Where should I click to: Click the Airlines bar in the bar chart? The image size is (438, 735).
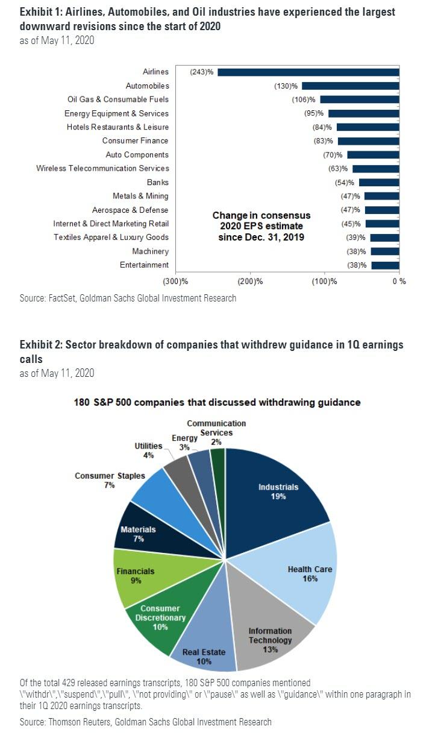307,72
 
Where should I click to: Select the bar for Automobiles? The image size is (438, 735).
349,86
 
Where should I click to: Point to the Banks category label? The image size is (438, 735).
161,182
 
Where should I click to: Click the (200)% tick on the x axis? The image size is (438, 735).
251,281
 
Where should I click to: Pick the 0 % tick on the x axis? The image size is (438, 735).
398,281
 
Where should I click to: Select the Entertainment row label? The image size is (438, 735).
145,265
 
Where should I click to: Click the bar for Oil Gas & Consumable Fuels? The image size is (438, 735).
359,99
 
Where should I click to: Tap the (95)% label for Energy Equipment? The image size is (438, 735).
314,113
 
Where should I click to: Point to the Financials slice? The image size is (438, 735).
136,576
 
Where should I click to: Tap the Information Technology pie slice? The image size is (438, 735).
271,633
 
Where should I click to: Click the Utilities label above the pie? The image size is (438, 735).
148,446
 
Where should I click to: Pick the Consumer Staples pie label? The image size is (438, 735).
110,476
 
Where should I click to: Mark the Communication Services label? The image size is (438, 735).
216,428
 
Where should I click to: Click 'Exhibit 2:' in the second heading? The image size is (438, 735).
40,345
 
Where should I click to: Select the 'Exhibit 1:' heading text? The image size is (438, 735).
40,12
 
